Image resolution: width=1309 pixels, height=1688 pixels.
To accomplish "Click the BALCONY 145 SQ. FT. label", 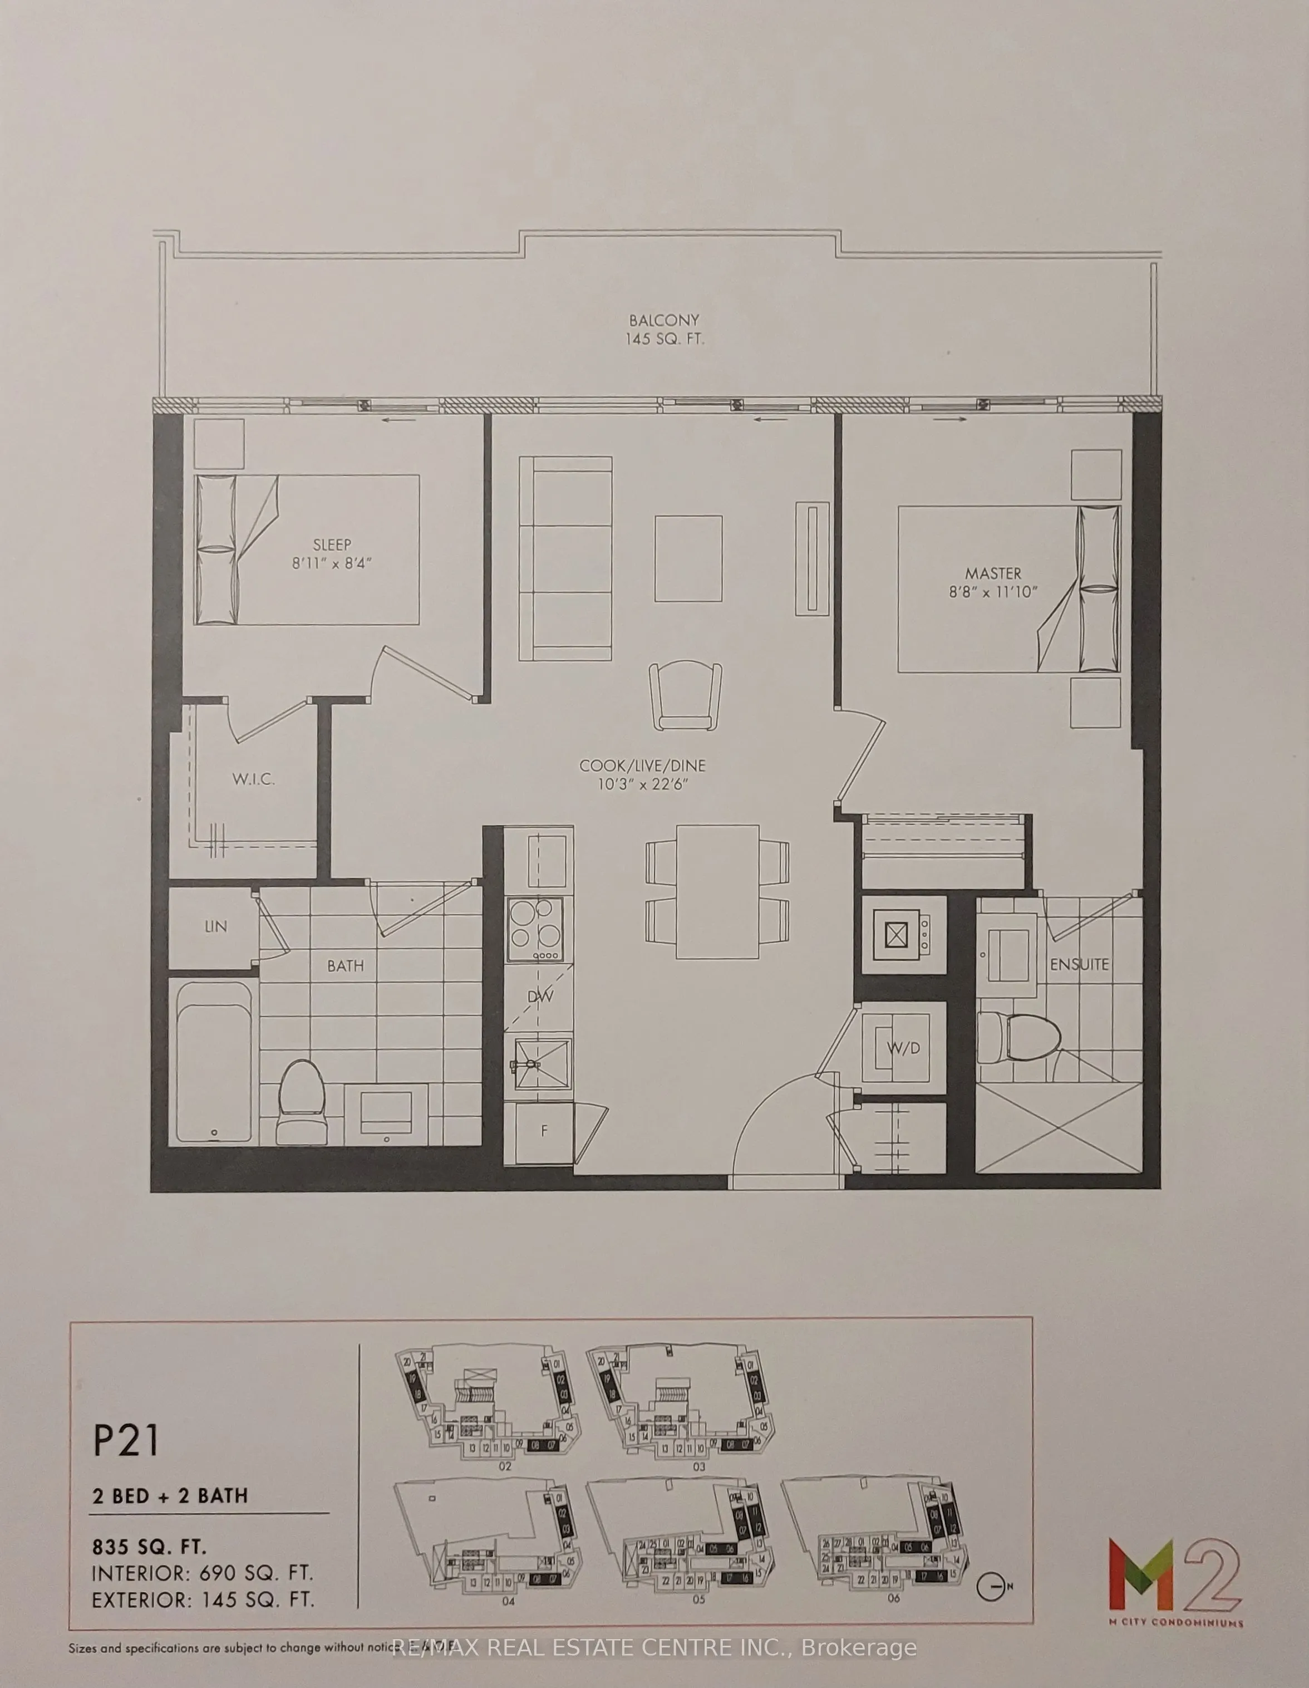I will tap(665, 329).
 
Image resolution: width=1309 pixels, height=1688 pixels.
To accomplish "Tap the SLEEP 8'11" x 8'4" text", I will tap(332, 553).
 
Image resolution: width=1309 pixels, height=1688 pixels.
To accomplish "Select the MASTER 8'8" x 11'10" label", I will tap(993, 582).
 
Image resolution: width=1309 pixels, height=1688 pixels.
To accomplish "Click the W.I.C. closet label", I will tap(253, 779).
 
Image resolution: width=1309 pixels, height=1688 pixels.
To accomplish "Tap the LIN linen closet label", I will tap(215, 926).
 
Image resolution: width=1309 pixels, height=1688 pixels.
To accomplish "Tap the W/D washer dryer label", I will tap(903, 1049).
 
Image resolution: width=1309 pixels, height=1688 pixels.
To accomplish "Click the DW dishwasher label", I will tap(540, 997).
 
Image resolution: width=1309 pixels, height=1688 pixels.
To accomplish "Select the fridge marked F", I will tap(544, 1131).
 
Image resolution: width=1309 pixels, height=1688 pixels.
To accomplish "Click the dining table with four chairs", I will tap(717, 892).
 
